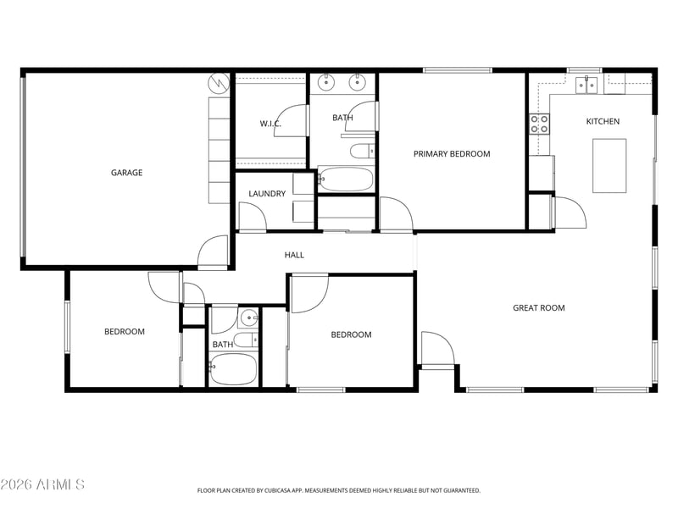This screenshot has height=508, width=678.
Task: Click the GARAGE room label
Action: point(126,173)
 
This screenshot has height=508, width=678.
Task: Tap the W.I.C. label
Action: point(270,124)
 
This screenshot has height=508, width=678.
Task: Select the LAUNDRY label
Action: point(267,194)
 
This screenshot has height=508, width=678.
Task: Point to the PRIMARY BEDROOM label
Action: point(452,154)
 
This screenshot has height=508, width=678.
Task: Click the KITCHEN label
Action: point(603,121)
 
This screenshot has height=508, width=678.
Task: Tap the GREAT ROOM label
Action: point(539,308)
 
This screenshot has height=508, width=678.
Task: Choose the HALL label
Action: point(294,255)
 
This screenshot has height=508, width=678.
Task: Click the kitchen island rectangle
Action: point(609,165)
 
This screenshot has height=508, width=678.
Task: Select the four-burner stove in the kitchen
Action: point(540,124)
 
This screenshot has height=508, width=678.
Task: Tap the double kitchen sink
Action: point(586,85)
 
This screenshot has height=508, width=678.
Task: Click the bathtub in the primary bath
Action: point(346,179)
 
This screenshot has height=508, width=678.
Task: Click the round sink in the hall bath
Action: point(248,319)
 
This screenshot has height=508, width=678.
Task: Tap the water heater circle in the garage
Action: point(219,83)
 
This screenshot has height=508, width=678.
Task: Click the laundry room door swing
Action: point(253,217)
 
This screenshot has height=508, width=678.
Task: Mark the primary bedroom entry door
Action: point(396,214)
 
